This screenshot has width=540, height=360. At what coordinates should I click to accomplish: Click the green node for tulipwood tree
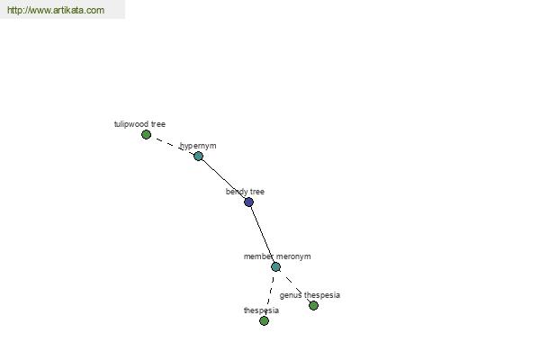[146, 134]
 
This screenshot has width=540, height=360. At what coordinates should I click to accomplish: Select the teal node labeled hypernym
[198, 156]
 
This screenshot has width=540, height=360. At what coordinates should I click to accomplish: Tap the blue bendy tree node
[248, 202]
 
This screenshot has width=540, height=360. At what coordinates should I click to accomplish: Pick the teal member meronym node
[275, 266]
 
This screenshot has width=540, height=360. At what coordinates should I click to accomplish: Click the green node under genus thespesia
[313, 305]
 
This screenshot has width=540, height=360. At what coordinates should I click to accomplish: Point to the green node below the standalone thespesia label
[264, 320]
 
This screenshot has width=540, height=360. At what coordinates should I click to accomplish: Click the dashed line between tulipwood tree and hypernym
[172, 146]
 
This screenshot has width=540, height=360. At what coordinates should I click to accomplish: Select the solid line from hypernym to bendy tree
[223, 179]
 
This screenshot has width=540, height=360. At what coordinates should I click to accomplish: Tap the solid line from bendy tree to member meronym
[262, 234]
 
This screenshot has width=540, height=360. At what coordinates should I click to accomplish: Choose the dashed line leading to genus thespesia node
[294, 286]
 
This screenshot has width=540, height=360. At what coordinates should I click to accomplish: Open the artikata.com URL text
[56, 10]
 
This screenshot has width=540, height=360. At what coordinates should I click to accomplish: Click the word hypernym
[198, 146]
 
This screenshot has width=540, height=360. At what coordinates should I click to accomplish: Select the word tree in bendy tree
[257, 192]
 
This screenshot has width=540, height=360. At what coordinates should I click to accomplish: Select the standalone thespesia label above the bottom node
[261, 310]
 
